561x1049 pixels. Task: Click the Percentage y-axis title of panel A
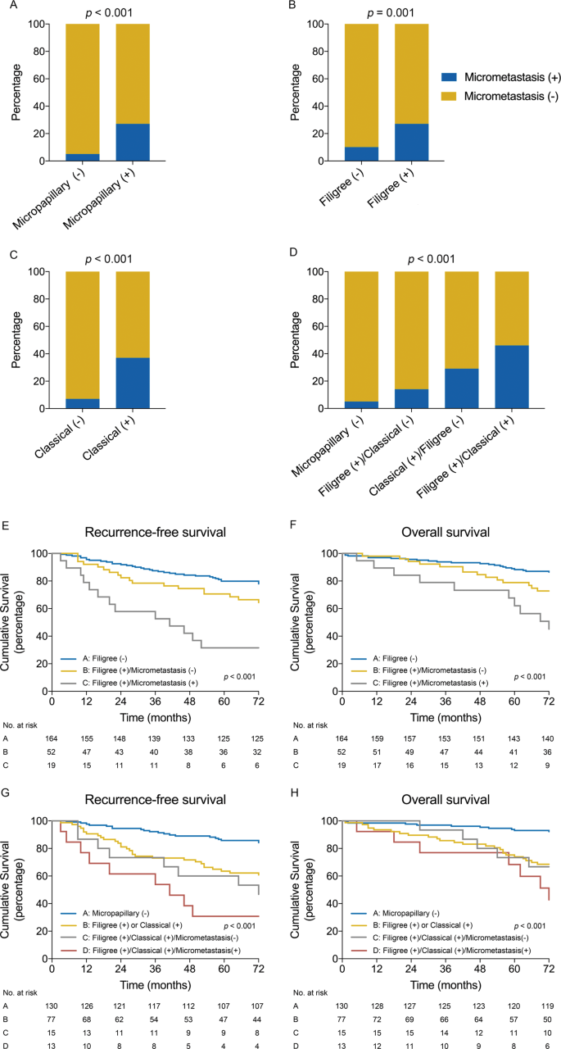pyautogui.click(x=9, y=93)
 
